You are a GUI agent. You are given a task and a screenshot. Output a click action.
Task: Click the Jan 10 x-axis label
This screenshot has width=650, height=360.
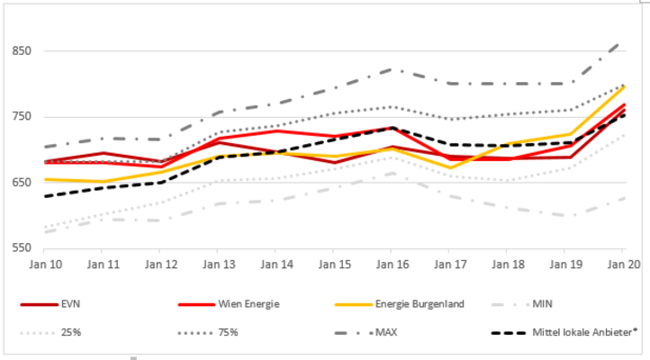45,265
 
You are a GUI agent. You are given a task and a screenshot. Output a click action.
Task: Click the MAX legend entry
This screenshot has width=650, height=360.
387,332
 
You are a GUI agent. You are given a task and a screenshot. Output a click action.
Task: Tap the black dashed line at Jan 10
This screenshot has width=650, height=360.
45,195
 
